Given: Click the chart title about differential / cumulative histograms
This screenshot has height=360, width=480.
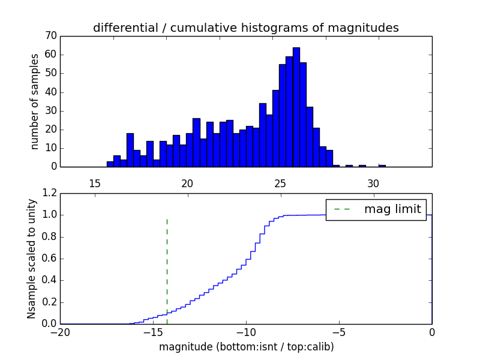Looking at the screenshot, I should pos(245,28).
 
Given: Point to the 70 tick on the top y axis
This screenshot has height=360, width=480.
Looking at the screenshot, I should pos(50,36).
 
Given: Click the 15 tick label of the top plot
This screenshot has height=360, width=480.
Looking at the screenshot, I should pos(94,183).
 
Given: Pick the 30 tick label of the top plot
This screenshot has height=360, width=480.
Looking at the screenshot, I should pos(373,183).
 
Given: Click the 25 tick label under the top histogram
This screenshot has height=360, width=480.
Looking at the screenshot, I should pos(280,183).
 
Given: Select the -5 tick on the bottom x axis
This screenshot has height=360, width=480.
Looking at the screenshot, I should pos(339,332).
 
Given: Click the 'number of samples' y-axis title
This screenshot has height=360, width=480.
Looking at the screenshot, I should pos(35,101).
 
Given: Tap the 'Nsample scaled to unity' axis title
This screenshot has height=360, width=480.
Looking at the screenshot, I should pos(31,259).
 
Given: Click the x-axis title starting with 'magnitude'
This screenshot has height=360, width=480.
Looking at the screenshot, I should pos(245,347).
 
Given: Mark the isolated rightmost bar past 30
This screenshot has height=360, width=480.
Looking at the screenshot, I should pos(382,166).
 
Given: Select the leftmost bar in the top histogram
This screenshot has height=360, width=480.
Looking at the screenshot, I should pos(110,164).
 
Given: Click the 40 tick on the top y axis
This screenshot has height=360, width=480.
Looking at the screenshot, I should pos(50,92).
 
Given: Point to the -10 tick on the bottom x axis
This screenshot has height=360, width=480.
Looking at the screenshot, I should pos(246,332).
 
